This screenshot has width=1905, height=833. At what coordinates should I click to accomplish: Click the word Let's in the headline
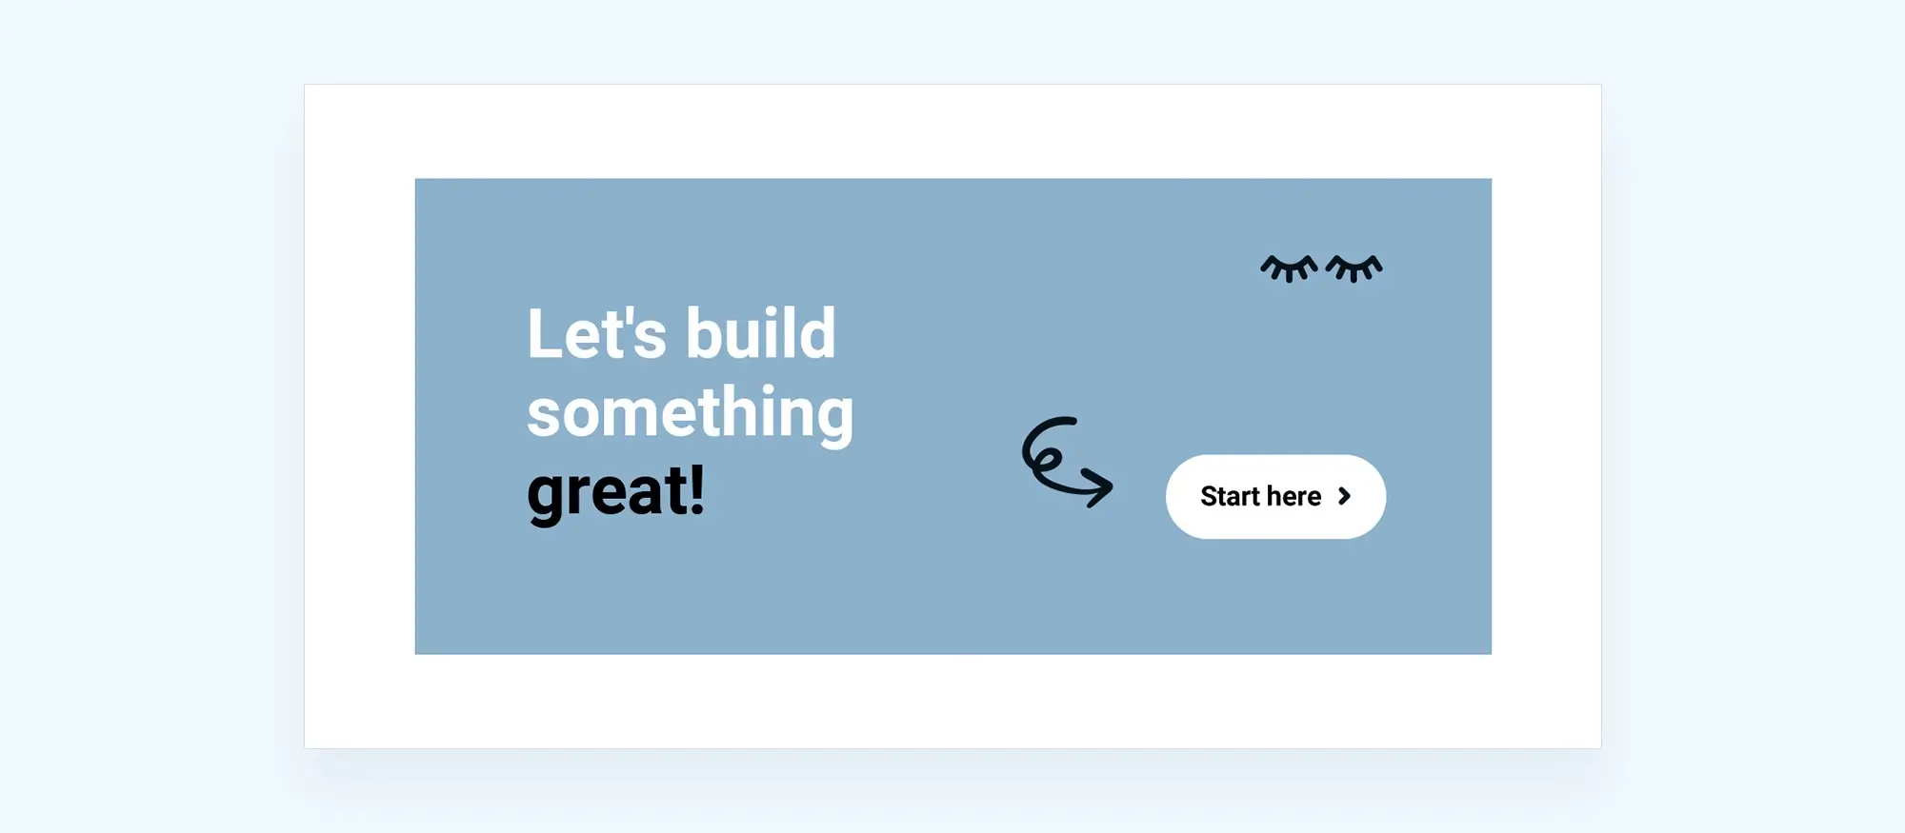click(597, 333)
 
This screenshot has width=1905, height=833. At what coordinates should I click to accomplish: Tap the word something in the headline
click(691, 414)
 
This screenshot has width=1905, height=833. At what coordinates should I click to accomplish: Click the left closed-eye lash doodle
click(1289, 268)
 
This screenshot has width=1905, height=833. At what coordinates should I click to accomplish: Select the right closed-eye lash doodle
click(1354, 268)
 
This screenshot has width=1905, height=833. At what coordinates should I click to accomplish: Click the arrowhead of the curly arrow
click(1100, 486)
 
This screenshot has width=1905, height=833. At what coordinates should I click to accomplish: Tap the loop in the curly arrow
click(1046, 459)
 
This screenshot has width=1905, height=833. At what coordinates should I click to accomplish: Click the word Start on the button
click(1230, 496)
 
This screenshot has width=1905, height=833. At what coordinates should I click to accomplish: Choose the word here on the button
click(1293, 496)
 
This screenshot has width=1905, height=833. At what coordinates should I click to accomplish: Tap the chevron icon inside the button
click(1344, 496)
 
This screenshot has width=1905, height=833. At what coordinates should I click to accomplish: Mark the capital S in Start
click(1209, 496)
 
